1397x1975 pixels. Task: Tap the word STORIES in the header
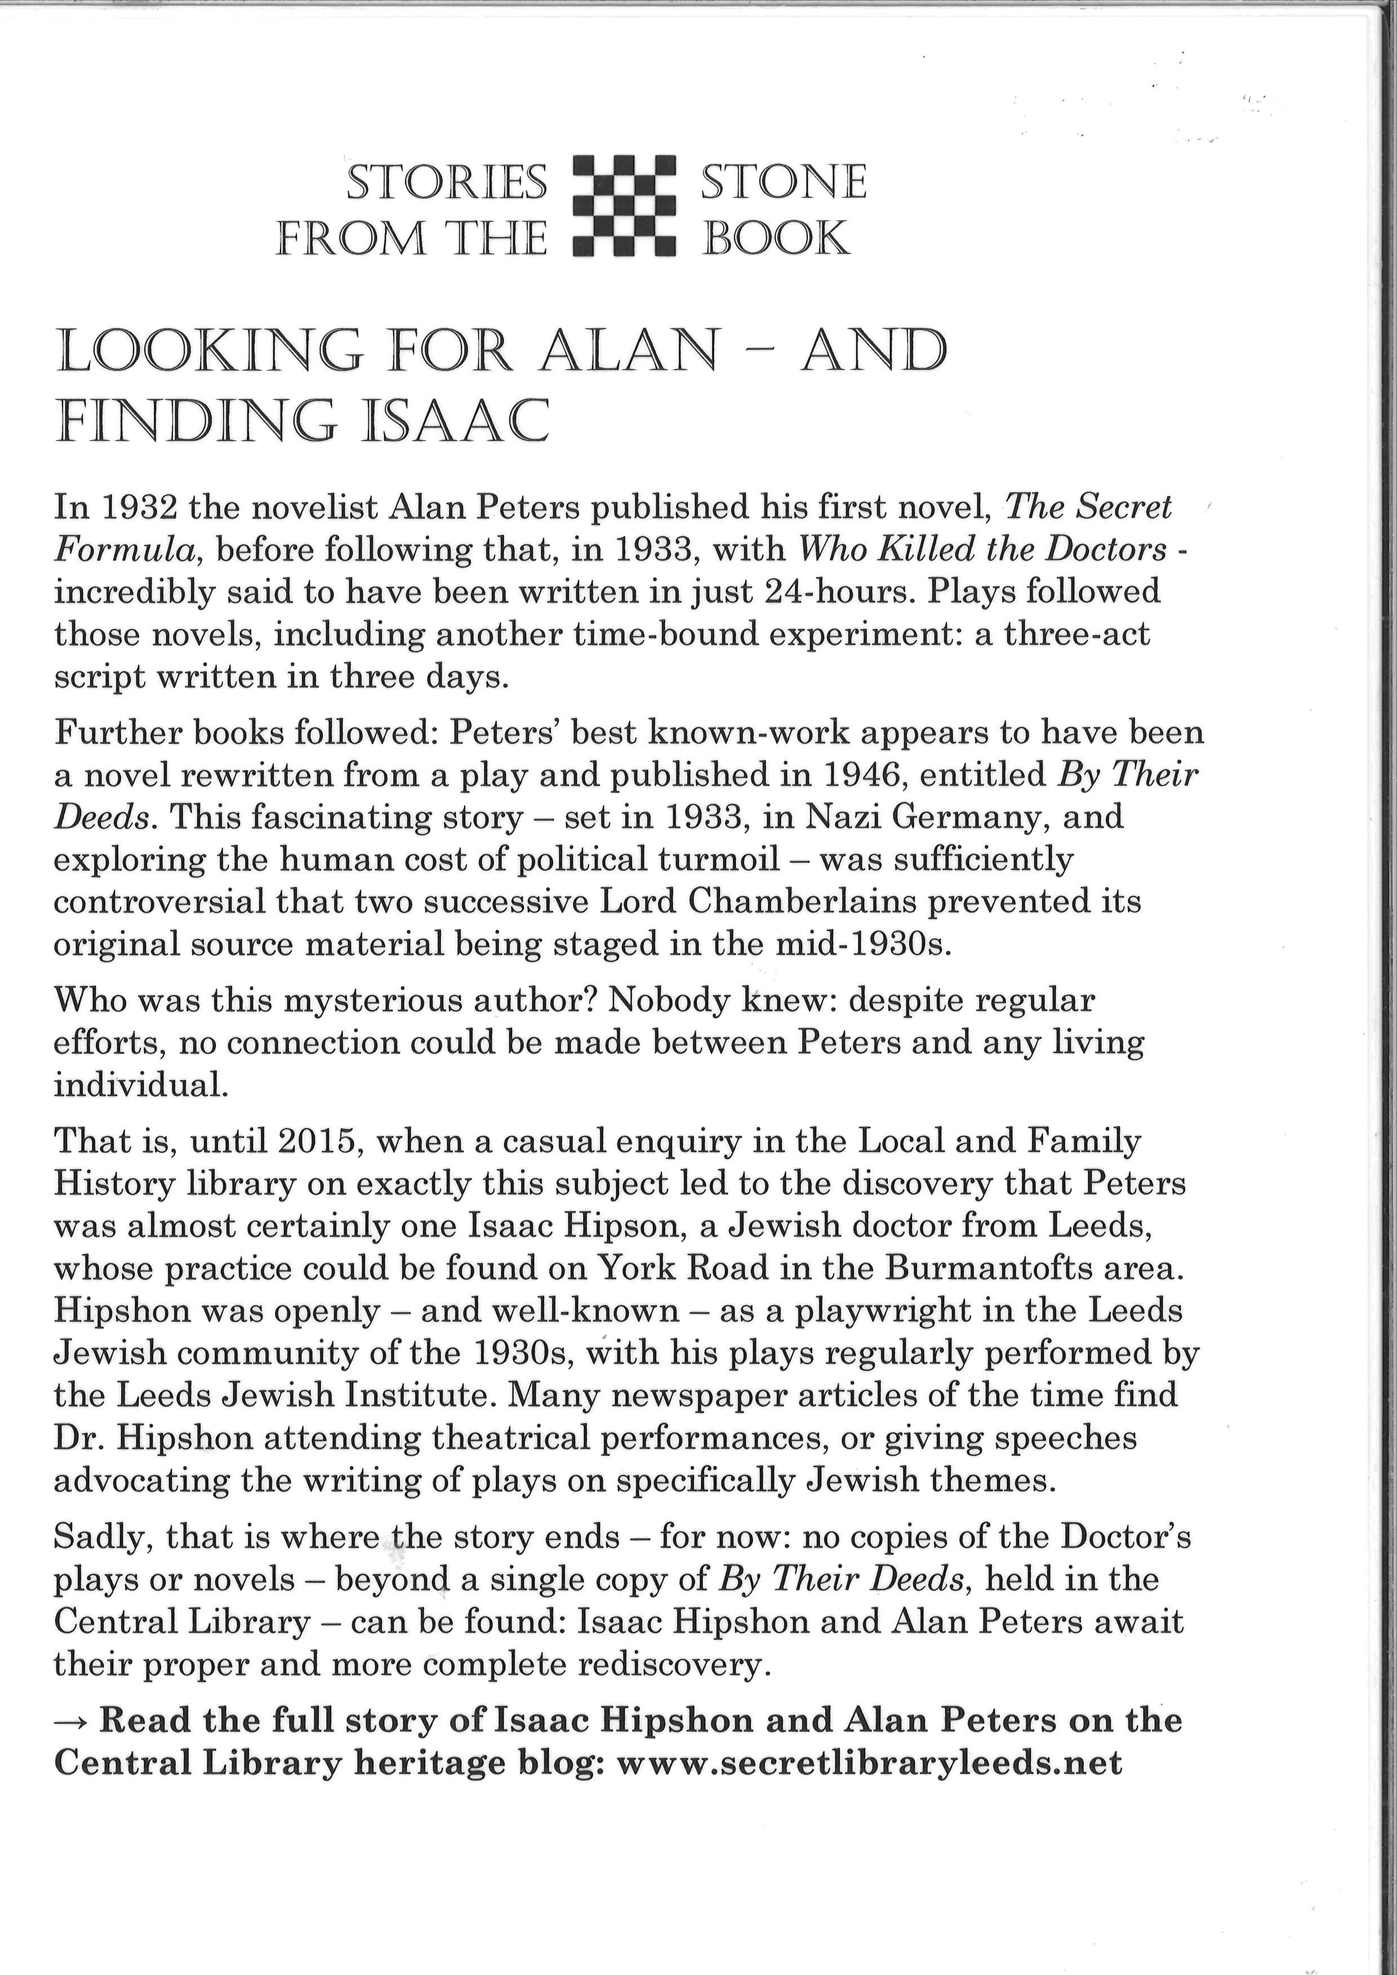[447, 182]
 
